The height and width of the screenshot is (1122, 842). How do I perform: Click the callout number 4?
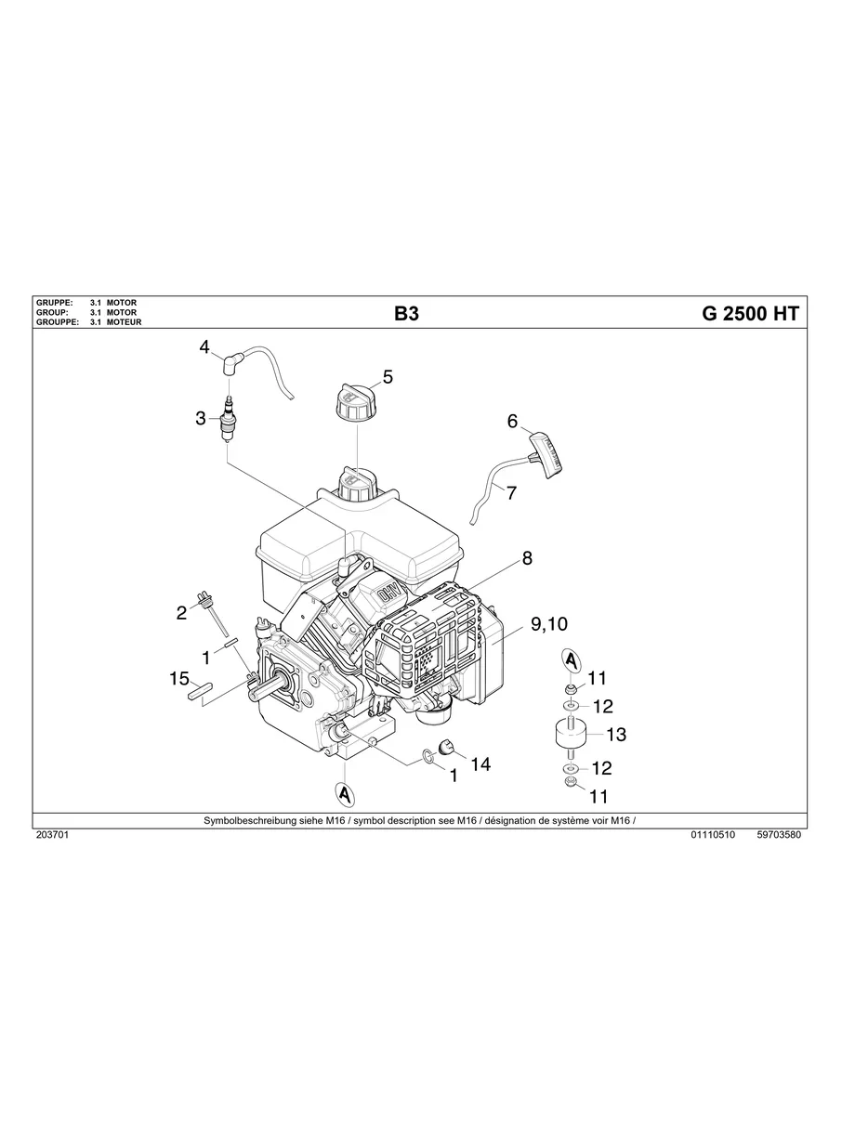click(204, 347)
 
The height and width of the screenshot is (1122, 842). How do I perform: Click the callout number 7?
click(510, 492)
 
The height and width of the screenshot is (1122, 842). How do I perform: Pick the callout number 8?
click(527, 558)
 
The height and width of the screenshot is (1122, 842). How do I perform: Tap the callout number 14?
click(480, 763)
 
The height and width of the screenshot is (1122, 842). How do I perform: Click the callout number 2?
click(182, 612)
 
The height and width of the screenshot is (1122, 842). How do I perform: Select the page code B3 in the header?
click(406, 314)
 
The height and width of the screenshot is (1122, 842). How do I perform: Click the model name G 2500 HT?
click(749, 314)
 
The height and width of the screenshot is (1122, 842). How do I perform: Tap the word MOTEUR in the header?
click(124, 322)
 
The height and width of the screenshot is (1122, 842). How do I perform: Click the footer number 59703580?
click(779, 835)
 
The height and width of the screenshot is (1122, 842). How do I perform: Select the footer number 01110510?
click(713, 835)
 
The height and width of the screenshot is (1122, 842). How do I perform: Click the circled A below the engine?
click(345, 794)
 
